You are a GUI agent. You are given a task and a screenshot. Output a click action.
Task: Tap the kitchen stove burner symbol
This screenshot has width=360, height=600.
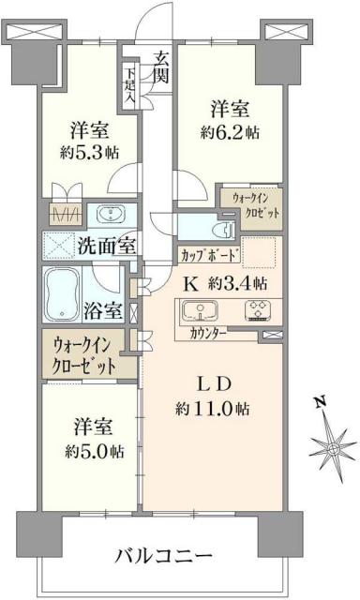pos(255,310)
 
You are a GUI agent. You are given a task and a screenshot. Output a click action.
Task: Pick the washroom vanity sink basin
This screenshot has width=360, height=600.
pos(106,212)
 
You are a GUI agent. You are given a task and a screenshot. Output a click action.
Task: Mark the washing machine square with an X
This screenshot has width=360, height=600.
pos(59,248)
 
